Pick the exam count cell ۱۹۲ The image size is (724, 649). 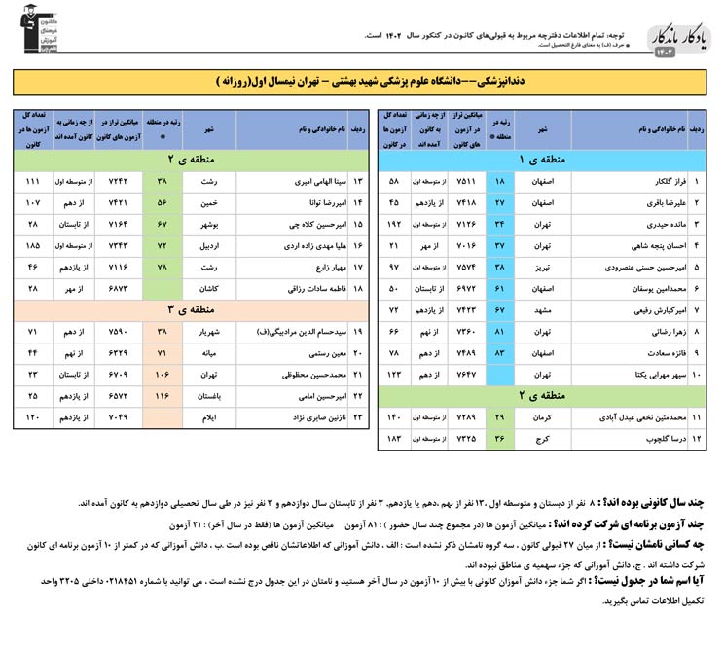pos(395,224)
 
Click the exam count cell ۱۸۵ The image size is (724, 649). pos(33,245)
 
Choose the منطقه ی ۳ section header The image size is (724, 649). pos(185,309)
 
